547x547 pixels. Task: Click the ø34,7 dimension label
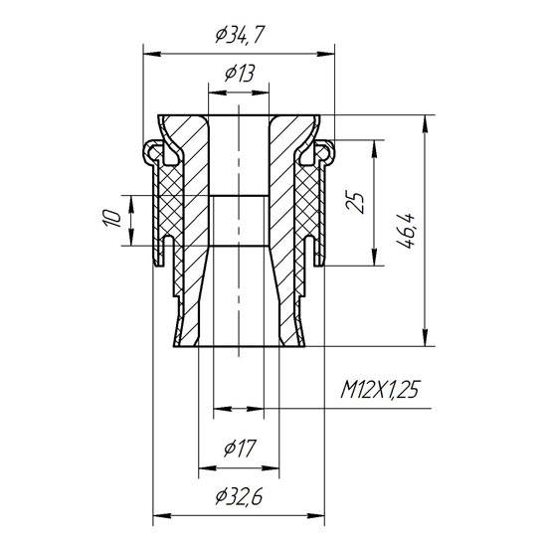240,37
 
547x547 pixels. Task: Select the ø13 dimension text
239,73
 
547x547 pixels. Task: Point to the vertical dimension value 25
358,204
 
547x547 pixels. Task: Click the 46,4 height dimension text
408,231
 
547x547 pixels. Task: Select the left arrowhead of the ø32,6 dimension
158,515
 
